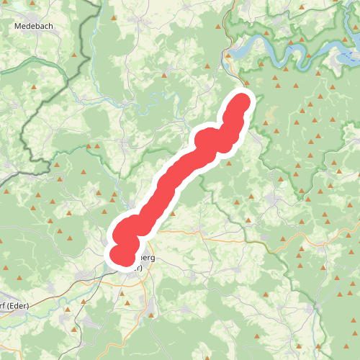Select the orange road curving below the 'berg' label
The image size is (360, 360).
(173, 233)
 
